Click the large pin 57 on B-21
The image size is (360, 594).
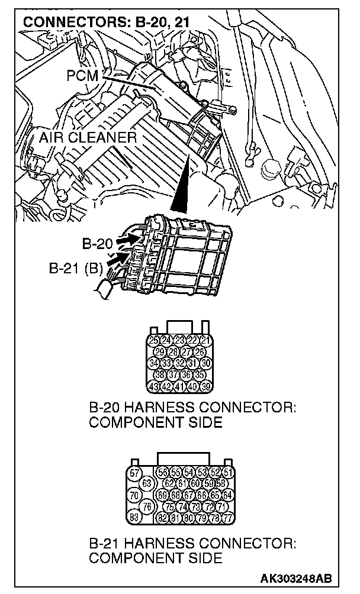[x=135, y=473]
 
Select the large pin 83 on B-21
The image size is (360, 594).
[x=135, y=517]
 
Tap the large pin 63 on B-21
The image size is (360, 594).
[x=147, y=483]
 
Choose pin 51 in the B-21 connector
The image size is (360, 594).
[x=229, y=473]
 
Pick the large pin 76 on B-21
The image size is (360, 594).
[x=147, y=506]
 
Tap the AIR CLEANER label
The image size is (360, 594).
[x=88, y=138]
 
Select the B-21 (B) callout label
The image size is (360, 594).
[x=76, y=266]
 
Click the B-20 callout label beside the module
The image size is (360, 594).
[x=97, y=243]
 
